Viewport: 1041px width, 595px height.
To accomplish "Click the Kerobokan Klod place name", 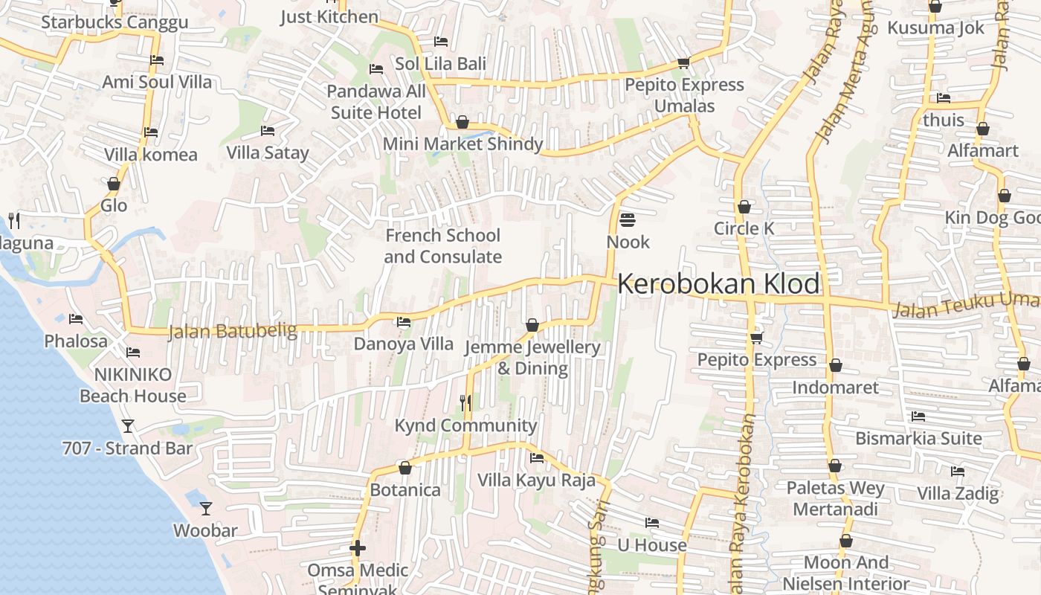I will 718,284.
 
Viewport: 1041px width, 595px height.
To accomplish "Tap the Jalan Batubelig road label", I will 232,330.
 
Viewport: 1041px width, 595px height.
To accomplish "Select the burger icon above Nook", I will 628,220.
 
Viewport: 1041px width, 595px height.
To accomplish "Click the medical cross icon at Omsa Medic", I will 358,549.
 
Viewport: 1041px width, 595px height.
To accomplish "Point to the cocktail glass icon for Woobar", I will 206,509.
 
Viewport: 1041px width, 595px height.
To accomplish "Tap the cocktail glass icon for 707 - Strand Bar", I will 128,426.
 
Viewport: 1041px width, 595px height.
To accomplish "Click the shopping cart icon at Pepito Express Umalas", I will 683,62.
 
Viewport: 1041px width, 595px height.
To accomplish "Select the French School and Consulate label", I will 442,246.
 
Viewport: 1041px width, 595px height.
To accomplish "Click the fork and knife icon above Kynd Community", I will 465,403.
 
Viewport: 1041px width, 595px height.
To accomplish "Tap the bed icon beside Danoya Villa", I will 404,322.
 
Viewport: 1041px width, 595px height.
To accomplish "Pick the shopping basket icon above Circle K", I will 744,207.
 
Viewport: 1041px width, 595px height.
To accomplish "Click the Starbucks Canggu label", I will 115,22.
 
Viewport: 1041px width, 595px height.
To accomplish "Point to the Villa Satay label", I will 268,153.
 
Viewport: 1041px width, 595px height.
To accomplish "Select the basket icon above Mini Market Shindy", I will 463,122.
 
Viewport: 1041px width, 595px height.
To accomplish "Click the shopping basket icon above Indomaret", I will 836,366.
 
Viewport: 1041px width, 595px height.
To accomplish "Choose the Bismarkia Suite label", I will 918,438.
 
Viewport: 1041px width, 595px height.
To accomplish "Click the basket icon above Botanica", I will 405,468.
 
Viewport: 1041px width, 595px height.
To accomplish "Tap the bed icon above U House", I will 652,523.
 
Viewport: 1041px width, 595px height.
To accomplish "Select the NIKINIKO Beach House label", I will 133,385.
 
